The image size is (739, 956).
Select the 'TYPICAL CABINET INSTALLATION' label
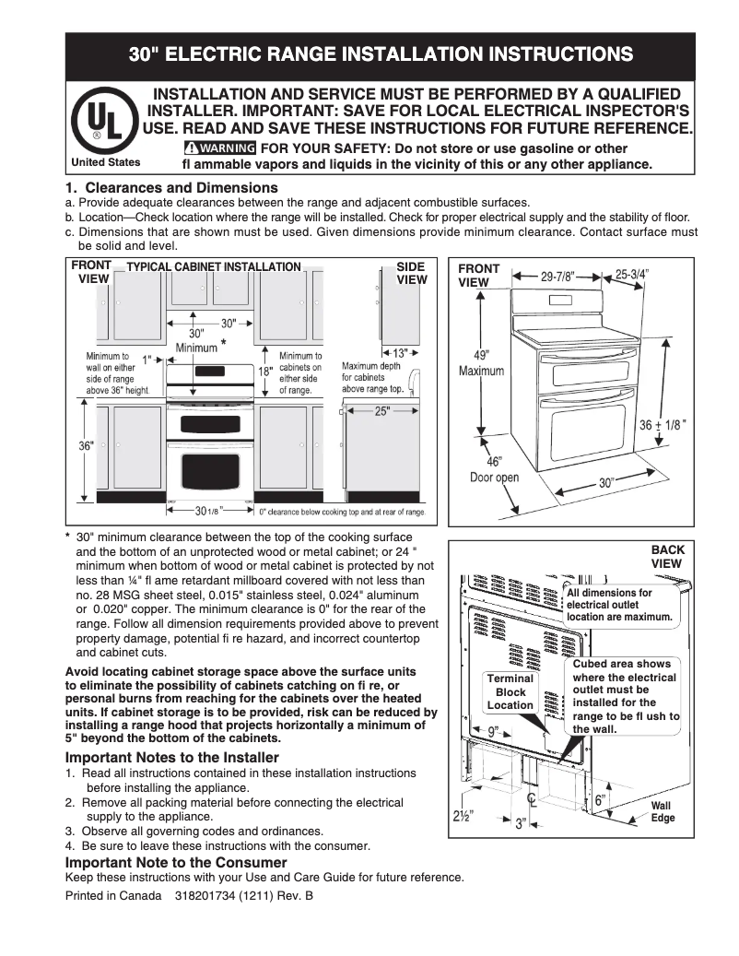[214, 267]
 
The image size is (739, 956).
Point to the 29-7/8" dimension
[557, 276]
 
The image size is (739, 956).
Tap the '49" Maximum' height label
[482, 362]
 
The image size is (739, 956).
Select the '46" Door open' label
[495, 469]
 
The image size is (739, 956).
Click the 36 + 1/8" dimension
[663, 425]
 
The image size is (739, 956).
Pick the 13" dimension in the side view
[400, 352]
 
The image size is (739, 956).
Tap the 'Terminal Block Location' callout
[510, 691]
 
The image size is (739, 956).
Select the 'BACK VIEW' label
[667, 557]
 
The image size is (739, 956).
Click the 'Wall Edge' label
[663, 812]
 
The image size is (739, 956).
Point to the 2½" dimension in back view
[463, 816]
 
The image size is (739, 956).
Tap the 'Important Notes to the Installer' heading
[171, 758]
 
